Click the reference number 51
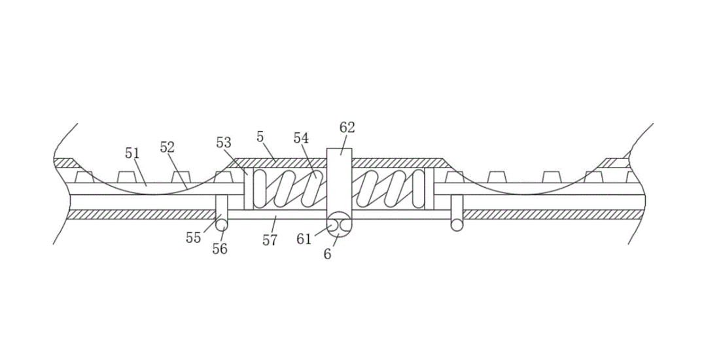click(x=132, y=153)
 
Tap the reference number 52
click(x=167, y=147)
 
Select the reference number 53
click(x=224, y=143)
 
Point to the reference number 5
click(x=260, y=137)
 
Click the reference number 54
click(x=301, y=138)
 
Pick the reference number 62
click(x=347, y=128)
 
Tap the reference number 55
click(x=193, y=238)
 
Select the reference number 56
click(x=220, y=249)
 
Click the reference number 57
click(x=270, y=240)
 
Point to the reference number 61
click(x=304, y=239)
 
